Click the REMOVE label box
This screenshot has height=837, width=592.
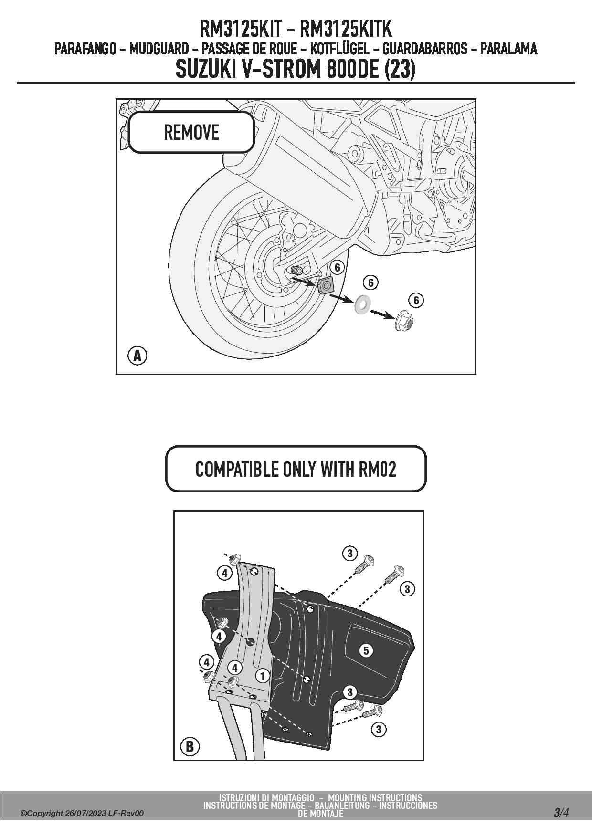point(191,132)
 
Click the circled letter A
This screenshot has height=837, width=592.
point(137,356)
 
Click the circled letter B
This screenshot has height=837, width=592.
point(190,746)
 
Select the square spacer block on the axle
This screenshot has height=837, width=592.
point(326,286)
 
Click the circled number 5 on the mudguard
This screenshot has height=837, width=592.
point(366,650)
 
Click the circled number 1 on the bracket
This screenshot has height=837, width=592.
point(262,676)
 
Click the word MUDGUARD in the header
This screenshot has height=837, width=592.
point(159,49)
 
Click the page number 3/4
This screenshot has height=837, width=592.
point(561,813)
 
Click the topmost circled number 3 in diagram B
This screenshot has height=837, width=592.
point(350,553)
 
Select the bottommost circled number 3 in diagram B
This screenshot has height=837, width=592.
point(379,729)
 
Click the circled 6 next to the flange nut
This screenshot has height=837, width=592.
point(416,300)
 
